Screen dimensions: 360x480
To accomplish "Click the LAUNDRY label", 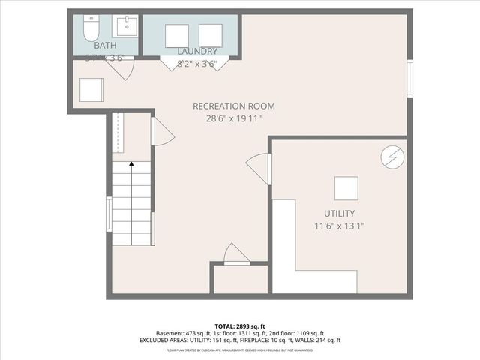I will (x=197, y=51).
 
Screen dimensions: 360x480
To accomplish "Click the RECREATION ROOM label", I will (x=234, y=106).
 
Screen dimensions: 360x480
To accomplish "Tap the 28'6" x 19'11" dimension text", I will (x=234, y=118).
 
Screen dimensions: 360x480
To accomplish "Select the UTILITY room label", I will (x=334, y=214).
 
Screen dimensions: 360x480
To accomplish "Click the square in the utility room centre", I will (x=346, y=188).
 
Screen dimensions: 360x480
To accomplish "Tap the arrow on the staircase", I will (x=131, y=163).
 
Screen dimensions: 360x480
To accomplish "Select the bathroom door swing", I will (x=120, y=69).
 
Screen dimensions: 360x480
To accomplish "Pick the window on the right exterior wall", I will (x=409, y=79).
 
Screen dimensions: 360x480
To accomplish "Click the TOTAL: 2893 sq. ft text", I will (x=240, y=325).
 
